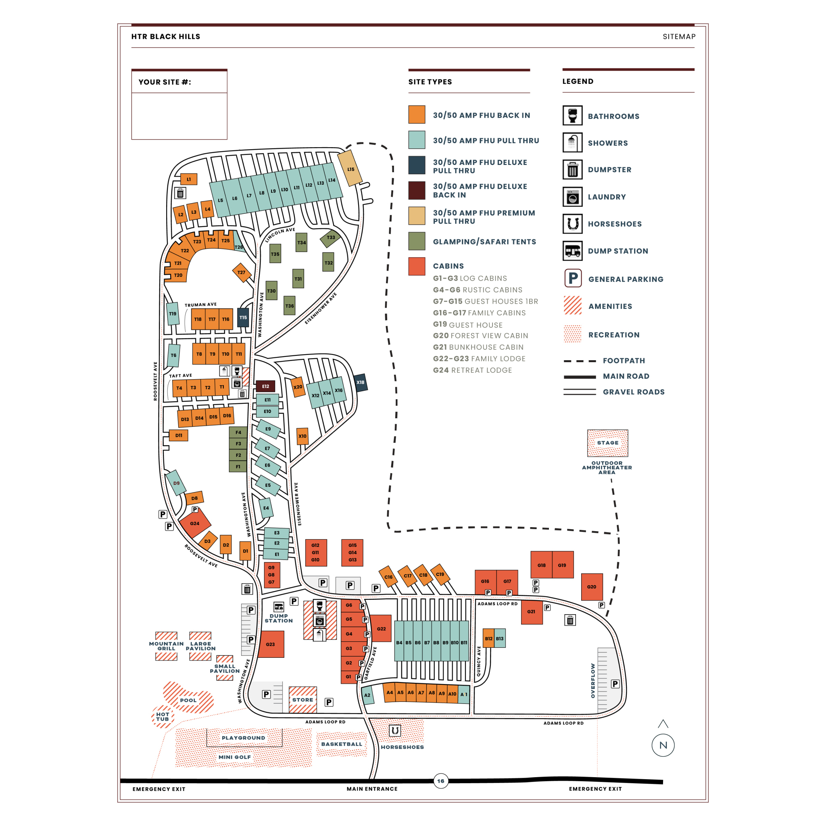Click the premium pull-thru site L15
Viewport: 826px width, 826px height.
350,169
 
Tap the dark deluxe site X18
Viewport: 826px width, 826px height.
361,383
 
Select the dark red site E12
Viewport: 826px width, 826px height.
265,386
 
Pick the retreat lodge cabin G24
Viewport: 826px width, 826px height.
194,523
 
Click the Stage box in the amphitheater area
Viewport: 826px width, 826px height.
607,443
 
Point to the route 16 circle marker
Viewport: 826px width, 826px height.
441,781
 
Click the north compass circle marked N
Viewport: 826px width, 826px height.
663,745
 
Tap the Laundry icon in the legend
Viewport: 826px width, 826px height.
572,197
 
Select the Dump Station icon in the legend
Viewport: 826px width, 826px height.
572,251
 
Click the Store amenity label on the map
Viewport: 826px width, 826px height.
303,700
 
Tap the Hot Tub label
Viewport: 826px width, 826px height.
163,717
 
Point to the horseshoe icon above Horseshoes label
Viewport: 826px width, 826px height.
395,730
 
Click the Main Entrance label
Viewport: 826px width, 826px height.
372,789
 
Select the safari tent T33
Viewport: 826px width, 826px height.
330,238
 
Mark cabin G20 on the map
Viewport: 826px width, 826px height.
592,586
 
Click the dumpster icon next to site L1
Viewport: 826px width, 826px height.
180,194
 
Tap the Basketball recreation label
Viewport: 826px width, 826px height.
342,744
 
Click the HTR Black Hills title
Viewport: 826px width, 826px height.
165,37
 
